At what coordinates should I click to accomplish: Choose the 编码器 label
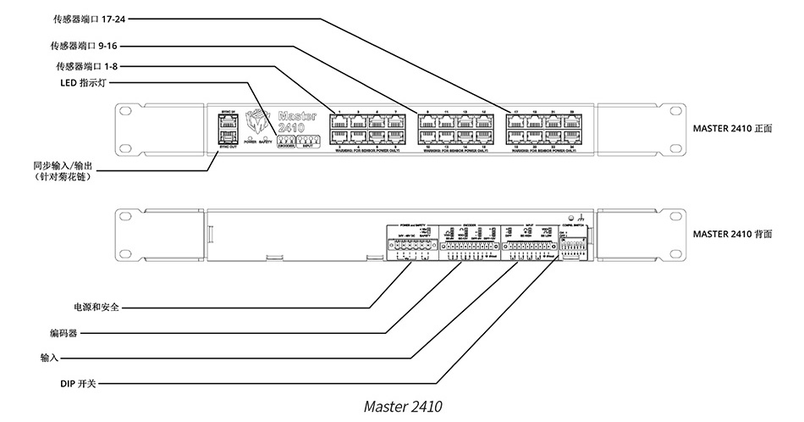click(63, 333)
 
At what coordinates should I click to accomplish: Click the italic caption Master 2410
click(402, 406)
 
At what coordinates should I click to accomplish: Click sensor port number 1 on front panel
click(339, 121)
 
